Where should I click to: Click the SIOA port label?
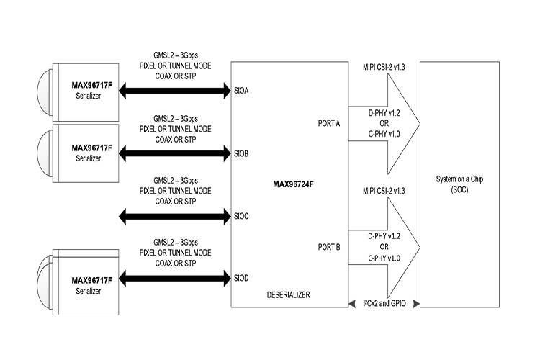[x=242, y=91]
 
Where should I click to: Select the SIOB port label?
[x=242, y=153]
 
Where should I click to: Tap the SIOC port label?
[x=242, y=215]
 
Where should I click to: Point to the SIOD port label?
[x=242, y=276]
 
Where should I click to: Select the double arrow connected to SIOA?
[x=176, y=91]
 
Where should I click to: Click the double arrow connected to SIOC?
[x=176, y=215]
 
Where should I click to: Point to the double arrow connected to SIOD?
[x=176, y=276]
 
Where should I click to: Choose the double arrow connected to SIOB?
[x=176, y=153]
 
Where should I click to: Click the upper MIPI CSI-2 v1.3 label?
[x=382, y=68]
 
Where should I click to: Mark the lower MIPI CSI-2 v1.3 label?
[x=382, y=192]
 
